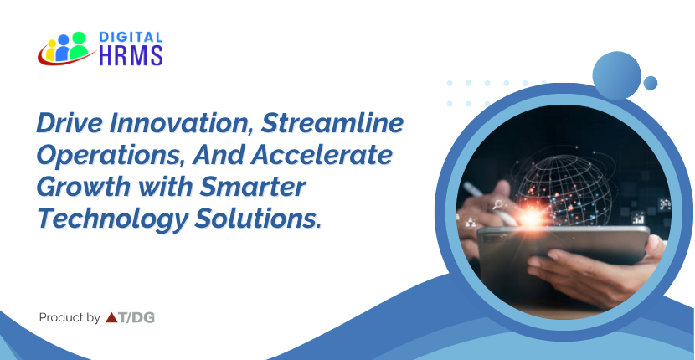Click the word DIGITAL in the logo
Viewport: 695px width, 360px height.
[x=131, y=37]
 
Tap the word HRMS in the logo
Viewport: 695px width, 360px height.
[x=131, y=55]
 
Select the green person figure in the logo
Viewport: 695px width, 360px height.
[x=80, y=45]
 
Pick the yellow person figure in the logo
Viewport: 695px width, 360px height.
[x=51, y=50]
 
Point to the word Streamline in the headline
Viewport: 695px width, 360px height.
[x=332, y=123]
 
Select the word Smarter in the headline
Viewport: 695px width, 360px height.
[x=252, y=187]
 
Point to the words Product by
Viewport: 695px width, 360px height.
[x=69, y=317]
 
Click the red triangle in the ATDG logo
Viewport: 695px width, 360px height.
[x=111, y=317]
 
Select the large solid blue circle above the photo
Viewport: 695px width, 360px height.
[x=616, y=75]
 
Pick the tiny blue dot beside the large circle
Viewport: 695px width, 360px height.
[x=651, y=83]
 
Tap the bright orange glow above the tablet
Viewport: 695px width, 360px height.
[x=532, y=217]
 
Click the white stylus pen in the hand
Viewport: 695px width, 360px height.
[x=487, y=203]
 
